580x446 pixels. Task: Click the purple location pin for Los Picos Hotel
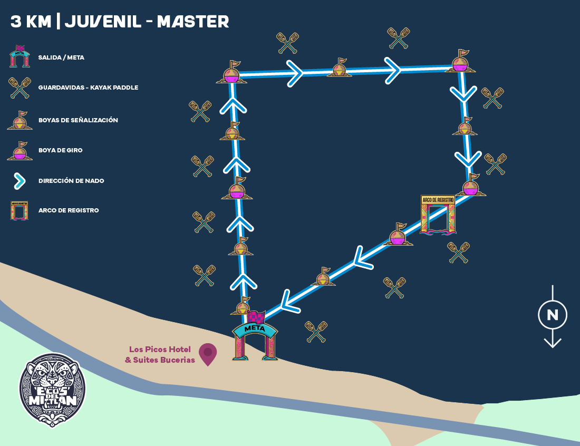point(208,353)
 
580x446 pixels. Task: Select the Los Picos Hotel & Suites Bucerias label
point(160,355)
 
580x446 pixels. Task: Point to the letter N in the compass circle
point(552,315)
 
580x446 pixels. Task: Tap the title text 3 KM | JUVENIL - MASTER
point(120,22)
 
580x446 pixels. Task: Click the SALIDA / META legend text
point(61,57)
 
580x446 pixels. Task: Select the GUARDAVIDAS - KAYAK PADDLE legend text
point(88,88)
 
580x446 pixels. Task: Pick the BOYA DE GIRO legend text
point(60,150)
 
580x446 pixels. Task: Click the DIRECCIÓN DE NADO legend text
point(71,181)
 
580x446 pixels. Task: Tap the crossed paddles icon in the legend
point(20,88)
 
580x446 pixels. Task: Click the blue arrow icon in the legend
point(20,181)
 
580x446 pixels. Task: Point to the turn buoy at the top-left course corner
point(231,73)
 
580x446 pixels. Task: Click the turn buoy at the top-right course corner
point(460,62)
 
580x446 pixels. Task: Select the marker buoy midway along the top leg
point(340,68)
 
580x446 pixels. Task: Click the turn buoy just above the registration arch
point(471,185)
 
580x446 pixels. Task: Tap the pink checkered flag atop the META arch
point(256,317)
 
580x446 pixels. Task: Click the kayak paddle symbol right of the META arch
point(316,332)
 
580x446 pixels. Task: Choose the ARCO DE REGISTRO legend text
point(69,210)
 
